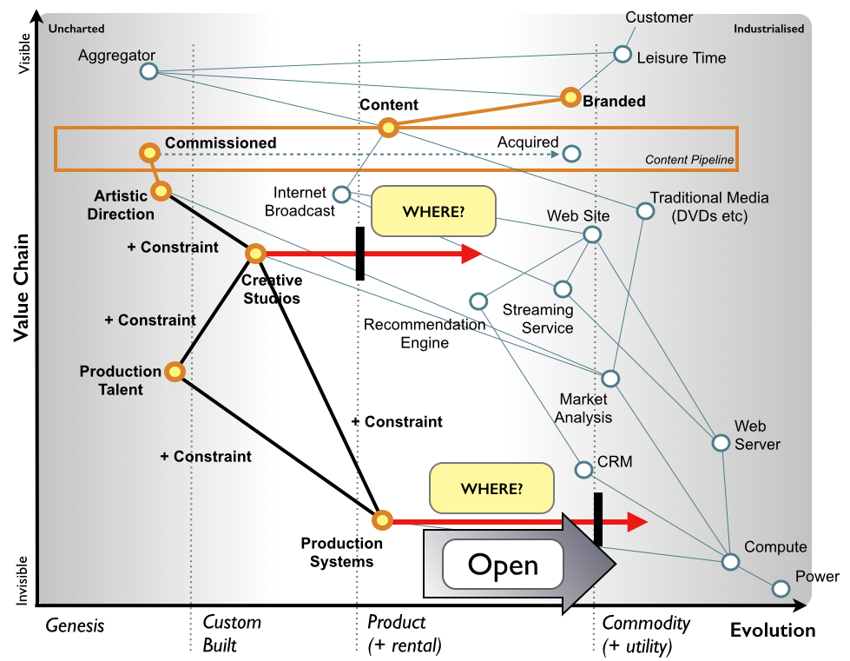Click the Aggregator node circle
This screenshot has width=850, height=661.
tap(148, 71)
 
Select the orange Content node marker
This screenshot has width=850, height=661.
tap(388, 129)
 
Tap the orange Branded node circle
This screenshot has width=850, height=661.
tap(570, 97)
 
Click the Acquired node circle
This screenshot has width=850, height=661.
tap(570, 154)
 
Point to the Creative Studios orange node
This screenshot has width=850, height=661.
tap(255, 254)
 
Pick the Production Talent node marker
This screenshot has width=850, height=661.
tap(175, 372)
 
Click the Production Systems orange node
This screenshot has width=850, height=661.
tap(381, 520)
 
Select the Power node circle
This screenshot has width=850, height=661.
tap(781, 589)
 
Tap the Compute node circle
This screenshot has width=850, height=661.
tap(731, 561)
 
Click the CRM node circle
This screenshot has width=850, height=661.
tap(583, 470)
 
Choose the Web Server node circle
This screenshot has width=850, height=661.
tap(720, 443)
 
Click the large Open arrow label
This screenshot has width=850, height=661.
tap(504, 565)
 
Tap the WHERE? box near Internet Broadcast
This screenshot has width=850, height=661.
tap(433, 211)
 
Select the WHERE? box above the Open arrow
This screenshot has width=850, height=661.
tap(491, 488)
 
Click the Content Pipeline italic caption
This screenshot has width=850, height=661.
tap(689, 160)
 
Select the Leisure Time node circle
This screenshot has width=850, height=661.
tap(623, 54)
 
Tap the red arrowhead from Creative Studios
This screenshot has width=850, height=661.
tap(471, 254)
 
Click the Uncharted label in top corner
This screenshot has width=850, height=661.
tap(76, 29)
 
